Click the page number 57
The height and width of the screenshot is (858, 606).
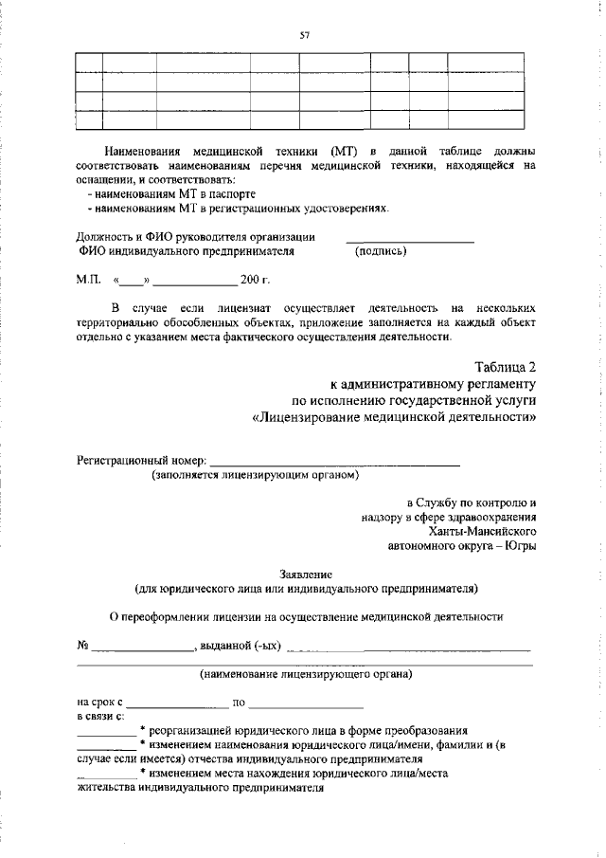pyautogui.click(x=305, y=35)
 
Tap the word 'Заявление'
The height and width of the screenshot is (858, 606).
pyautogui.click(x=306, y=574)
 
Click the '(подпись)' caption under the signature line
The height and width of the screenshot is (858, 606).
pyautogui.click(x=381, y=251)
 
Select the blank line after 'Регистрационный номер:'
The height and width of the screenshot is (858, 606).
pyautogui.click(x=334, y=463)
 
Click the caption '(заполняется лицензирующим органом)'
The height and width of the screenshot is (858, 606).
pyautogui.click(x=256, y=474)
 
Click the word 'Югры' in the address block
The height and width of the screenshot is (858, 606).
pyautogui.click(x=518, y=546)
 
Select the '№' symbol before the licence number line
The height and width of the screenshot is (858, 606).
pyautogui.click(x=82, y=647)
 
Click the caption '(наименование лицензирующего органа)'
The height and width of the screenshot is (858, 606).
pyautogui.click(x=305, y=674)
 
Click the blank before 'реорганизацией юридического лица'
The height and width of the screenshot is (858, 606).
pyautogui.click(x=105, y=734)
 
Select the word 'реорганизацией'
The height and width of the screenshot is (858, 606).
pyautogui.click(x=193, y=731)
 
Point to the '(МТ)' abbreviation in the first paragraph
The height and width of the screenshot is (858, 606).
pyautogui.click(x=343, y=151)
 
